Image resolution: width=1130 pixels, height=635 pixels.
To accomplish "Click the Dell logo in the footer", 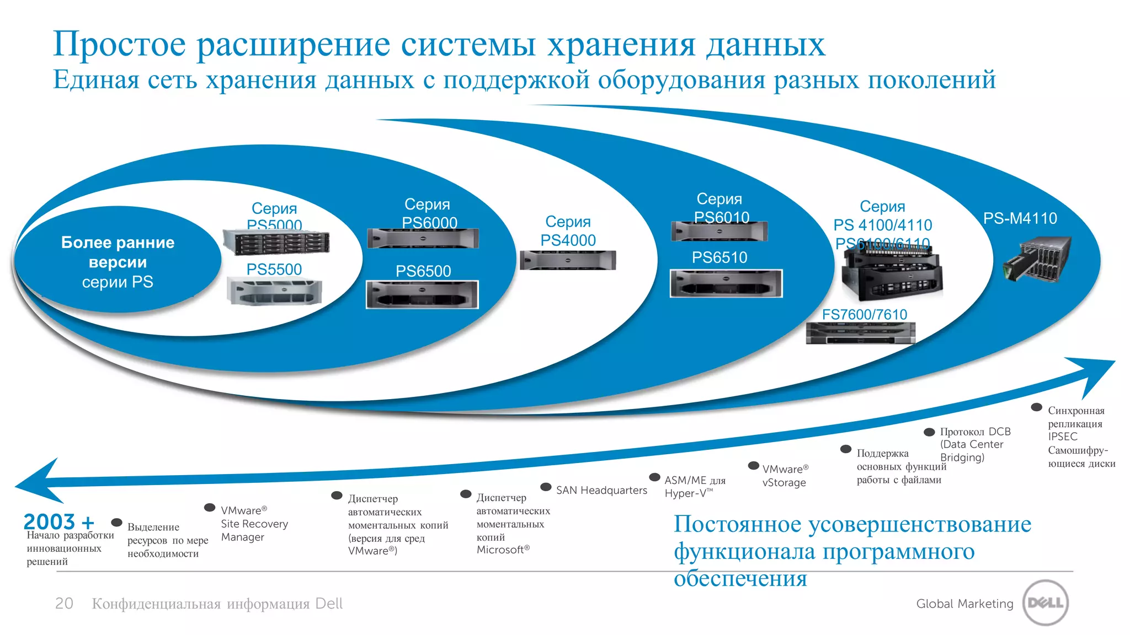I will (1046, 602).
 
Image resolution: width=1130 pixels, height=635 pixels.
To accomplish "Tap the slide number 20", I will (64, 604).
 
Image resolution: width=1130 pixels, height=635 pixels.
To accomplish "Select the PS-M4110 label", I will (1020, 218).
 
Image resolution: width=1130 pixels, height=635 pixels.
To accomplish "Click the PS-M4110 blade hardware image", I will (1037, 259).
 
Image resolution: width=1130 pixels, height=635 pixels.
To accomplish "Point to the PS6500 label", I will (423, 271).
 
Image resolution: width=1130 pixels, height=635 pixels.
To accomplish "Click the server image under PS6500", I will (422, 294).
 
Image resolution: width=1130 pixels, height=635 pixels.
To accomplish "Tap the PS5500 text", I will (274, 270).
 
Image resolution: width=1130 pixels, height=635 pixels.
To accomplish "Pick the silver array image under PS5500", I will (274, 292).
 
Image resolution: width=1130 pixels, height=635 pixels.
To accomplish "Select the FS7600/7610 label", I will (865, 315).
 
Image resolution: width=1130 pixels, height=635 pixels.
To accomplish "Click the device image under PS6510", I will (726, 283).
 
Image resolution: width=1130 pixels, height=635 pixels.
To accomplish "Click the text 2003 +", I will (58, 521).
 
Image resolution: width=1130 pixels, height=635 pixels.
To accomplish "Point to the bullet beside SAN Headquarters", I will (546, 487).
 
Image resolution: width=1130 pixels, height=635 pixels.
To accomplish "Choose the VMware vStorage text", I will (785, 476).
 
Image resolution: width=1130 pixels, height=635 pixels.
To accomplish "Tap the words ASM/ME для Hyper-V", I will (694, 487).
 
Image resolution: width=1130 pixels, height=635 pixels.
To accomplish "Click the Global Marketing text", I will (964, 604).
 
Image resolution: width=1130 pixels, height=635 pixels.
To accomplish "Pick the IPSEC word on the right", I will (1062, 437).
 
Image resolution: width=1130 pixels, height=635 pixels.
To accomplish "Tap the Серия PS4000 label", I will (568, 231).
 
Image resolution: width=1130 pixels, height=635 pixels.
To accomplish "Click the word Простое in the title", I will (119, 44).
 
